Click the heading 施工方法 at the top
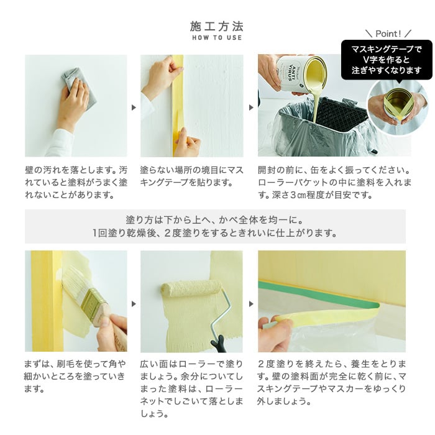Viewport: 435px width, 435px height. pyautogui.click(x=217, y=26)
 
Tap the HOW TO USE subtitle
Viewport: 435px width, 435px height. pyautogui.click(x=217, y=39)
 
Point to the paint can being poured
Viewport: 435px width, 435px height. pyautogui.click(x=301, y=73)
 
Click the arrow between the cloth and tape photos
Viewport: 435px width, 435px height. pyautogui.click(x=134, y=107)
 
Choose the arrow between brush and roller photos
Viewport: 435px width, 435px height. pyautogui.click(x=134, y=303)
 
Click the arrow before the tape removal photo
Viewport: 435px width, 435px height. pyautogui.click(x=251, y=303)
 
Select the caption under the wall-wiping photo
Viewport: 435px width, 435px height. pyautogui.click(x=76, y=181)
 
